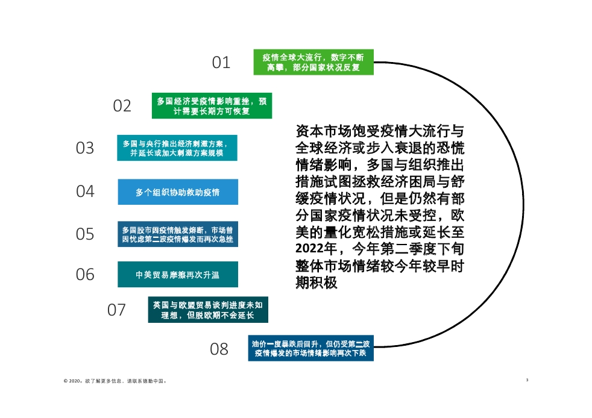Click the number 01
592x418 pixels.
pos(221,62)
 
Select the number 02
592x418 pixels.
pos(122,106)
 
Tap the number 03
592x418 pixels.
pos(85,148)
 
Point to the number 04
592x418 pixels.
pos(85,192)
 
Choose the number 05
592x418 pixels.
pos(85,234)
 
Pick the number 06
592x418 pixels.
pos(85,275)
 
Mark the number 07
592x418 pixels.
pos(116,310)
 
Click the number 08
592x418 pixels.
pos(219,349)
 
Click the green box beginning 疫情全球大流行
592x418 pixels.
pos(313,62)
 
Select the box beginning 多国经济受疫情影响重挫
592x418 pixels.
pos(212,106)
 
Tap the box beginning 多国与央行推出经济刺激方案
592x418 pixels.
pos(177,148)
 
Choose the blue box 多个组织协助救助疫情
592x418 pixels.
pos(177,192)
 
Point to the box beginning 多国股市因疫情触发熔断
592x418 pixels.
pos(177,234)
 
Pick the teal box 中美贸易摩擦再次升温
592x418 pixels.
pos(177,275)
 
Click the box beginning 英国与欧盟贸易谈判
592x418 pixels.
pos(207,310)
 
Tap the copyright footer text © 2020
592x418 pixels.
pos(115,381)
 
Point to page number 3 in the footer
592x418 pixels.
pos(527,380)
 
